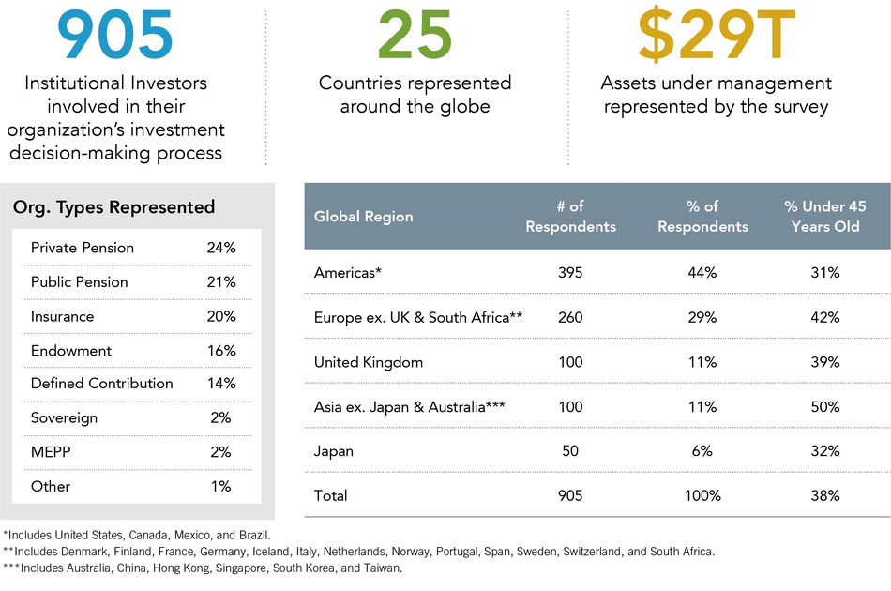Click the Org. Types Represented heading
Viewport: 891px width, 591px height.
113,207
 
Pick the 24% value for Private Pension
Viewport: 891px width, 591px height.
221,248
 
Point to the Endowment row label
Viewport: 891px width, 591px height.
71,350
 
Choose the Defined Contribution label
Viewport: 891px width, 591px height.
101,383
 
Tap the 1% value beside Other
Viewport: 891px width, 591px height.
221,486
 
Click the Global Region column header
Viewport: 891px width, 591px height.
363,216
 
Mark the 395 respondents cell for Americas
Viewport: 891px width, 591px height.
569,273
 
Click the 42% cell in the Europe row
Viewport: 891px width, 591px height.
826,317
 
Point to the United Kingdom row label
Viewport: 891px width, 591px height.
369,362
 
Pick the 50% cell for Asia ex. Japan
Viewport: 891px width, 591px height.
826,406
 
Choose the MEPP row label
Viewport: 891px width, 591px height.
51,451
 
